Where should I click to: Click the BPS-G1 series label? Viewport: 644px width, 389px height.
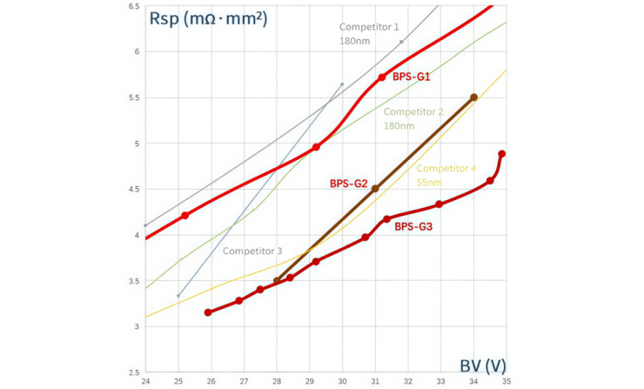pos(412,77)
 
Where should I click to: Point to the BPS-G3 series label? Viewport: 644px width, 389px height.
pos(414,226)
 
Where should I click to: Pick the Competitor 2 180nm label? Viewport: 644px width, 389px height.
pos(414,118)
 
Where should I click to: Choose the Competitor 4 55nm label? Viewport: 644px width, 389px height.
pos(446,174)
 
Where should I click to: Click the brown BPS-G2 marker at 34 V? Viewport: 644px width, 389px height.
pos(473,97)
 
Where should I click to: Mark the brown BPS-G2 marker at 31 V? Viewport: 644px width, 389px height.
pos(375,189)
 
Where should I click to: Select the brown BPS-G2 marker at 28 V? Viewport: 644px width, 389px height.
pos(277,280)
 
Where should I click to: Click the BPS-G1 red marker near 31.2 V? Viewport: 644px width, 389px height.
pos(382,77)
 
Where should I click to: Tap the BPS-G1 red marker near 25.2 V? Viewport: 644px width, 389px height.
pos(184,215)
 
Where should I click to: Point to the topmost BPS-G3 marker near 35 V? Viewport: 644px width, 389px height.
pos(502,154)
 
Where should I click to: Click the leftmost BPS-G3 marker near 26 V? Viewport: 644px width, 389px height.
pos(208,312)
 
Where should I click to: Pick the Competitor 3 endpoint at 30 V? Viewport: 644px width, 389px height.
pos(342,84)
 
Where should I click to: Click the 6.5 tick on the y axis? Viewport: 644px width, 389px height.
pos(134,6)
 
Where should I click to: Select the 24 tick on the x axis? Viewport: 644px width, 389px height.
pos(145,381)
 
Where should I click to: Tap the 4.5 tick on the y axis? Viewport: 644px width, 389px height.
pos(134,189)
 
